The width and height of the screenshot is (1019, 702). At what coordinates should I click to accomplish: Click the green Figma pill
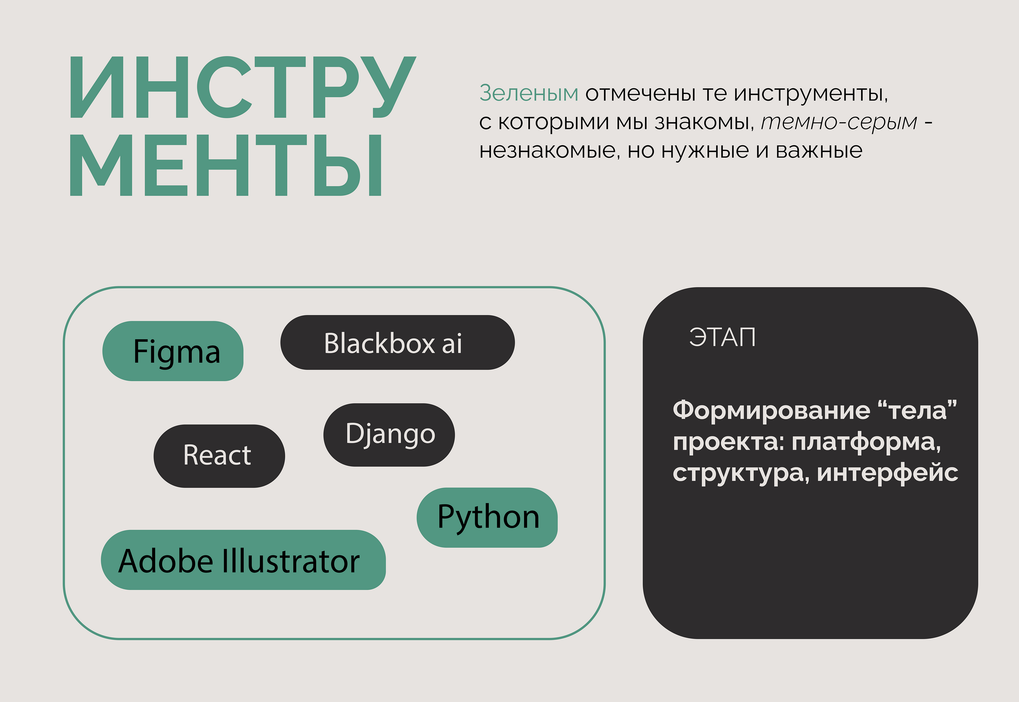173,351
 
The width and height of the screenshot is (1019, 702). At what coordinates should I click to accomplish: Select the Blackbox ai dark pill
397,342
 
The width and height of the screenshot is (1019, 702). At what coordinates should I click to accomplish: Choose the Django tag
389,435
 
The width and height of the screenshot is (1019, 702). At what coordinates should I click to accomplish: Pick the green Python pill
487,518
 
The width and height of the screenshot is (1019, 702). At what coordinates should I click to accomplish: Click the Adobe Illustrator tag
243,560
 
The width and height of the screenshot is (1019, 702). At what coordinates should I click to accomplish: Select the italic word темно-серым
839,122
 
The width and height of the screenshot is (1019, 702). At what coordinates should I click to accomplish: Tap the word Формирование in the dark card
771,410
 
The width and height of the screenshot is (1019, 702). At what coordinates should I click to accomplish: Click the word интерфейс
887,473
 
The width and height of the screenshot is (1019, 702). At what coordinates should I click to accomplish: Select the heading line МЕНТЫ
225,165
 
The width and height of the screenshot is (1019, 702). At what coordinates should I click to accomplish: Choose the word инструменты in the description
811,94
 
